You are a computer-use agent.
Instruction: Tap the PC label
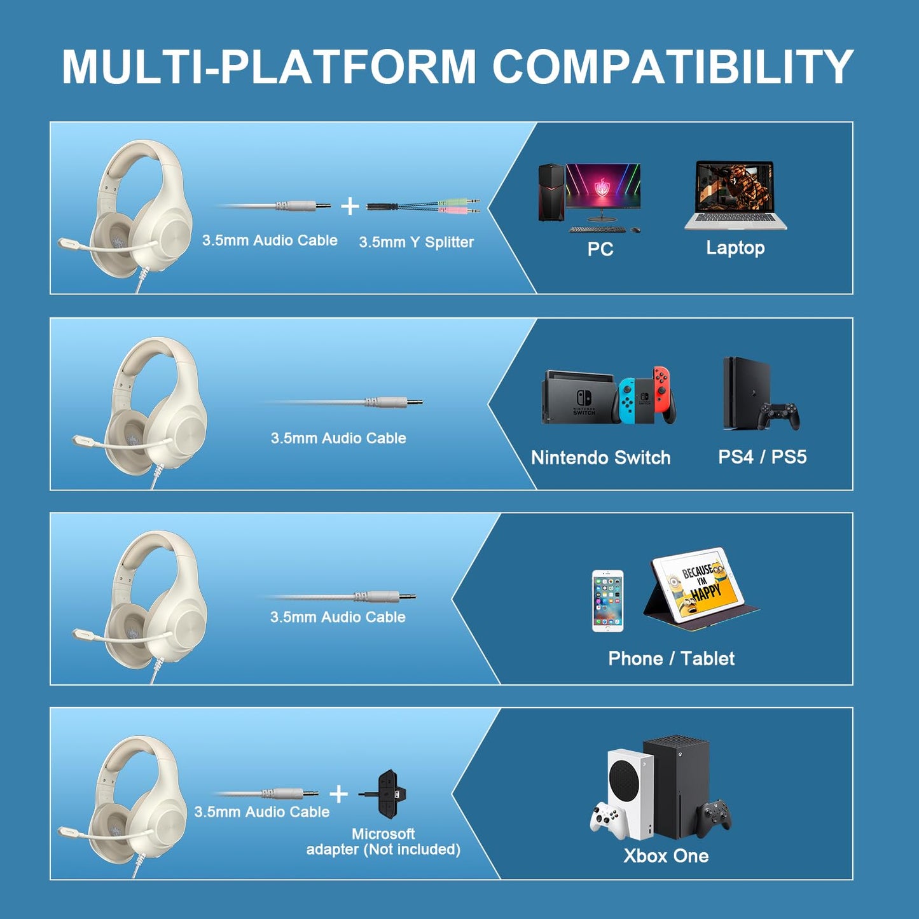(x=600, y=249)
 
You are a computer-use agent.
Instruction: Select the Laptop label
(x=735, y=247)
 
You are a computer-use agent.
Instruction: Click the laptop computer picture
(x=736, y=194)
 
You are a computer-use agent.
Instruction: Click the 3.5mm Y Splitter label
(x=416, y=242)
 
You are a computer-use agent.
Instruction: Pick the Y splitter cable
(x=423, y=205)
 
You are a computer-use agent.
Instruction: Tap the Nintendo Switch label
(x=600, y=458)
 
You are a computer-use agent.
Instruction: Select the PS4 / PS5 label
(x=762, y=457)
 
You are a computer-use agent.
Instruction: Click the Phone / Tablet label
(x=671, y=658)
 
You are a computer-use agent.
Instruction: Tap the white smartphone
(x=607, y=601)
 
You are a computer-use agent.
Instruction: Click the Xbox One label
(x=666, y=856)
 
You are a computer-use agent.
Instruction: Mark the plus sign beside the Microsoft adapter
(x=339, y=794)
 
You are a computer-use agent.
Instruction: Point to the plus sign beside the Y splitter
(x=350, y=206)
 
